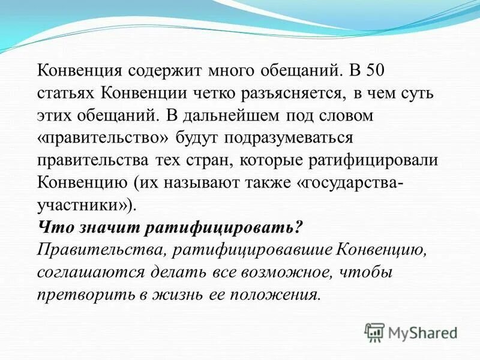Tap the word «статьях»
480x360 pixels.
point(65,93)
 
